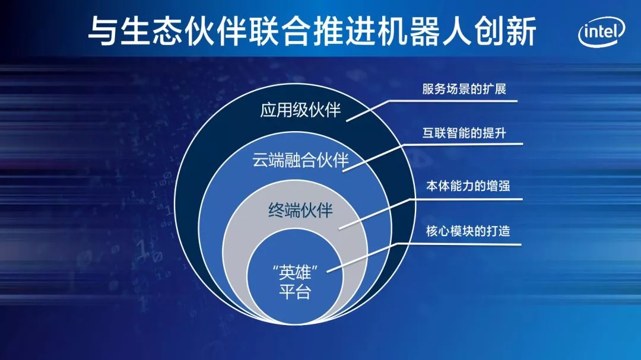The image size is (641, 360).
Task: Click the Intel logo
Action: pyautogui.click(x=601, y=31)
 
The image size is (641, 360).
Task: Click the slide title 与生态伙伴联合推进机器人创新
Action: pyautogui.click(x=312, y=31)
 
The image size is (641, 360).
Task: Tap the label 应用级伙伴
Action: pyautogui.click(x=300, y=110)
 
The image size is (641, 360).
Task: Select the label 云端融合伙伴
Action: pyautogui.click(x=300, y=160)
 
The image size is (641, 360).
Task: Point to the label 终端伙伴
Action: pyautogui.click(x=300, y=211)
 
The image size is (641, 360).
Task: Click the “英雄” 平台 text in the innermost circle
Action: pyautogui.click(x=295, y=282)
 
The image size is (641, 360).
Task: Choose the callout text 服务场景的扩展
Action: pyautogui.click(x=464, y=89)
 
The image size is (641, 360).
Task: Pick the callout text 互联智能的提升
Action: pyautogui.click(x=464, y=133)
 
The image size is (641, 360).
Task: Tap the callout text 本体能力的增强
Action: pyautogui.click(x=468, y=186)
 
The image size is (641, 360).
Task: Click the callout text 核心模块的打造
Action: pyautogui.click(x=468, y=231)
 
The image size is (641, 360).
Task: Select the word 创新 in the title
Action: pyautogui.click(x=505, y=31)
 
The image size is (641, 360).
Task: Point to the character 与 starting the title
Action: pyautogui.click(x=103, y=31)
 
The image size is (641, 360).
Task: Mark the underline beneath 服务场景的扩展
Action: pyautogui.click(x=453, y=101)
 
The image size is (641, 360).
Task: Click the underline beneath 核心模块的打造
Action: pyautogui.click(x=459, y=244)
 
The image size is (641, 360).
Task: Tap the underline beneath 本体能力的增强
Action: pyautogui.click(x=467, y=199)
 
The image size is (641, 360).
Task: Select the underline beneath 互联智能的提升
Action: pyautogui.click(x=463, y=144)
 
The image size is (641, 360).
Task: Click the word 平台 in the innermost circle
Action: pyautogui.click(x=295, y=292)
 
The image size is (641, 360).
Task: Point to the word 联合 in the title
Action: pyautogui.click(x=280, y=31)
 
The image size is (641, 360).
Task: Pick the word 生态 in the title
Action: pyautogui.click(x=152, y=31)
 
